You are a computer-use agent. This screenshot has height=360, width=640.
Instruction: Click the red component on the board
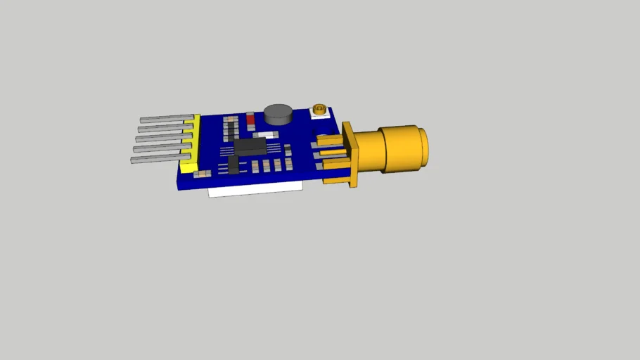(x=250, y=120)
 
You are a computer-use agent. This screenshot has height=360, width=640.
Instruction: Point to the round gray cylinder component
(x=279, y=114)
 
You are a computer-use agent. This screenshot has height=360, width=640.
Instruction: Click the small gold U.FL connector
(x=319, y=109)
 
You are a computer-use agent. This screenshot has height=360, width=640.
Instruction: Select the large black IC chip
(x=250, y=146)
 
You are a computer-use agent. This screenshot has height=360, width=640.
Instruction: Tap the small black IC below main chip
(x=233, y=165)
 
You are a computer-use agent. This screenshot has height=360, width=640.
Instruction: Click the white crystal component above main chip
(x=265, y=134)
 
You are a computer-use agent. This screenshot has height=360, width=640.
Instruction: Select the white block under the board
(x=255, y=188)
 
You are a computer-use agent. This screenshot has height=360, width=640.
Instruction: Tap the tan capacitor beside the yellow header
(x=202, y=173)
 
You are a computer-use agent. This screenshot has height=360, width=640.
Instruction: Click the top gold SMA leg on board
(x=328, y=140)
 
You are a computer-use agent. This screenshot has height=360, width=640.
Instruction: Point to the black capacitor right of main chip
(x=288, y=149)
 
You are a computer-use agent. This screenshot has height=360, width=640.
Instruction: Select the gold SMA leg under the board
(x=334, y=181)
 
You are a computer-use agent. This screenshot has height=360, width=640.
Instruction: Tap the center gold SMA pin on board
(x=331, y=153)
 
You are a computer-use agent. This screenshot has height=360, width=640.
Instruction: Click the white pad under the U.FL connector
(x=321, y=116)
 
